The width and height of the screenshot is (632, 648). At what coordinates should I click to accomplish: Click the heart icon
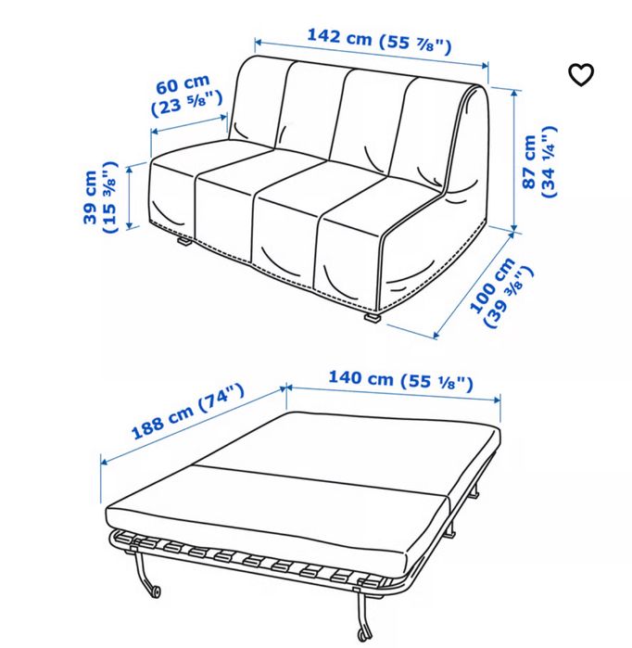coord(581,75)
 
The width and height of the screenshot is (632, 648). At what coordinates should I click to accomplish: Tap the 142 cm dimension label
coord(379,40)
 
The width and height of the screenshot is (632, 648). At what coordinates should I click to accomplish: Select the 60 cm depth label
coord(185,95)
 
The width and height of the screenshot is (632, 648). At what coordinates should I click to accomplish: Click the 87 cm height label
coord(537,163)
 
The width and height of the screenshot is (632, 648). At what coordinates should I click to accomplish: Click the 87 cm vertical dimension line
coord(513,158)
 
